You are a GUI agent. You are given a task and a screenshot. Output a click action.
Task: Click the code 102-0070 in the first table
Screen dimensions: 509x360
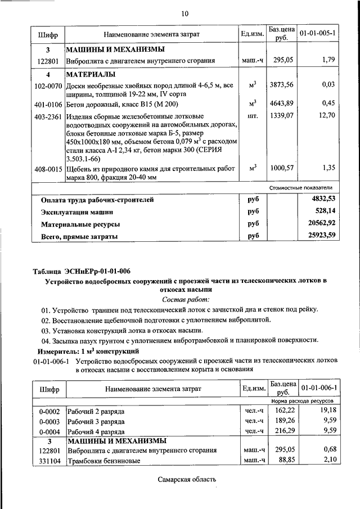(48, 85)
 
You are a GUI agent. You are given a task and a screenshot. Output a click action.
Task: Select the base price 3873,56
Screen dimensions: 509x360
(281, 85)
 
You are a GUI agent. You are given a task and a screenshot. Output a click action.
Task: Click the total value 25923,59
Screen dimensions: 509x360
(318, 236)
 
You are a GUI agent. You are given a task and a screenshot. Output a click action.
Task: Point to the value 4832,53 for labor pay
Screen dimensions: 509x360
(319, 199)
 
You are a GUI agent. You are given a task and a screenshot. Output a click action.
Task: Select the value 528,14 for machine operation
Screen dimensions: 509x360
(322, 211)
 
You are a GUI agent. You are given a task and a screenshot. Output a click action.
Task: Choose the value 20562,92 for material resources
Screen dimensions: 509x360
(318, 224)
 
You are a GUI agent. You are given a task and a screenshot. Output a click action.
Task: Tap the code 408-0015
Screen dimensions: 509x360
(48, 168)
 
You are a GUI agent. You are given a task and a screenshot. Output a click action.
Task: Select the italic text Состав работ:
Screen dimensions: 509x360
(185, 299)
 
